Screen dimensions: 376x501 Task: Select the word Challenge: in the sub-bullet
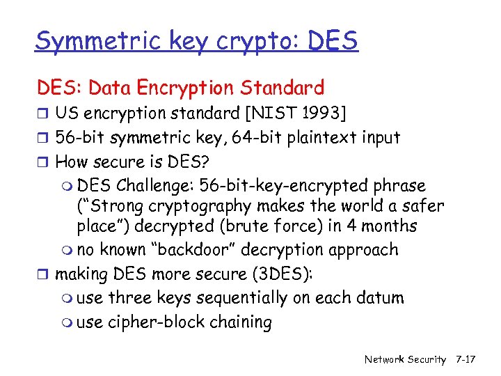point(156,186)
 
